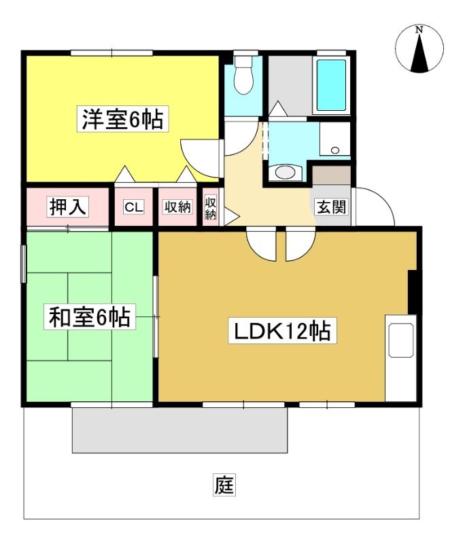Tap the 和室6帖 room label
pyautogui.click(x=90, y=316)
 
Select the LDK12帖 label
pyautogui.click(x=282, y=330)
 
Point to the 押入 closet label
pyautogui.click(x=67, y=207)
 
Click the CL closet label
pyautogui.click(x=134, y=207)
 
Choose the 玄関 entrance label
pyautogui.click(x=332, y=207)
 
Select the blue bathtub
pyautogui.click(x=332, y=85)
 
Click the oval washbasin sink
pyautogui.click(x=285, y=172)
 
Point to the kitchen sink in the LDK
pyautogui.click(x=401, y=340)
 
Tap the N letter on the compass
pyautogui.click(x=419, y=30)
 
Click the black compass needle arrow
pyautogui.click(x=419, y=53)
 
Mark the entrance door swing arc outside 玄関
pyautogui.click(x=381, y=201)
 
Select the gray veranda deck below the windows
pyautogui.click(x=179, y=430)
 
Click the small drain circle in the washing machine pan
pyautogui.click(x=335, y=150)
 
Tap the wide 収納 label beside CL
pyautogui.click(x=177, y=207)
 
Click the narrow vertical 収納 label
pyautogui.click(x=211, y=209)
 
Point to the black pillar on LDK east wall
pyautogui.click(x=412, y=292)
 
